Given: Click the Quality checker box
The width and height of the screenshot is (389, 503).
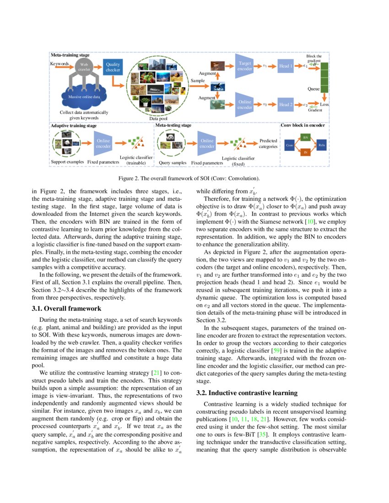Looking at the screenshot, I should (x=113, y=67).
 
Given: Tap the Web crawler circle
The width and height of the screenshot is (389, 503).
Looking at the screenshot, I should (x=84, y=67).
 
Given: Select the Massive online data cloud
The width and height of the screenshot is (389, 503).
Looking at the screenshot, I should (x=84, y=96).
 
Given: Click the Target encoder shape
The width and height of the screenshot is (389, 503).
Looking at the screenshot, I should (x=245, y=66).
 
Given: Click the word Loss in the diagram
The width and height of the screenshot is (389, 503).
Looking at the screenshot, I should (x=324, y=105).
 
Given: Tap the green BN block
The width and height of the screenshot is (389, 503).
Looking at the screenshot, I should (x=306, y=137).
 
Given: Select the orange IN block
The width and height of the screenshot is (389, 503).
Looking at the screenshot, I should (x=306, y=153).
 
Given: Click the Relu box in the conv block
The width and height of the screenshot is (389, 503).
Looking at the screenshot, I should (x=321, y=145).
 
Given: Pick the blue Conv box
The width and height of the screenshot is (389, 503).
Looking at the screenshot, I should (x=289, y=145).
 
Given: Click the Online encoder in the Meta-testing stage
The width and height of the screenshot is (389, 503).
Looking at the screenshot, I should (x=207, y=144).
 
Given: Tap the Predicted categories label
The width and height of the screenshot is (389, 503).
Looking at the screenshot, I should (x=268, y=144).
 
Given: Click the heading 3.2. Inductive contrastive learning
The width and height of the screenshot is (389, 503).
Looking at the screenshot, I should (x=247, y=393).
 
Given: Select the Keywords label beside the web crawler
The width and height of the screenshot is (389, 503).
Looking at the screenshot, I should (x=59, y=64).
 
